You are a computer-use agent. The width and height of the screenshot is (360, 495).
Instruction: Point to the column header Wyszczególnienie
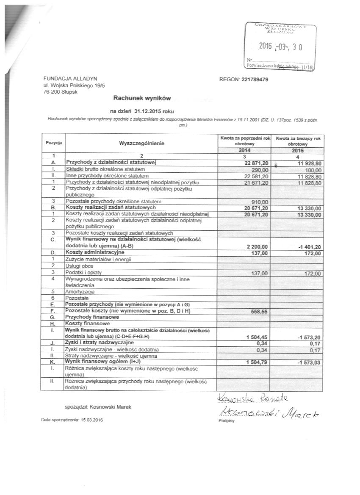(x=141, y=144)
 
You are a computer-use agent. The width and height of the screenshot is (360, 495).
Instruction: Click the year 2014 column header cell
(x=243, y=150)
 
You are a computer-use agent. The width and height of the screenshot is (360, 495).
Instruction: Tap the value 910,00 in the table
(x=260, y=201)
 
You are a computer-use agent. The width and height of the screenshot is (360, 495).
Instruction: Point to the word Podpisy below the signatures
(x=224, y=421)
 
